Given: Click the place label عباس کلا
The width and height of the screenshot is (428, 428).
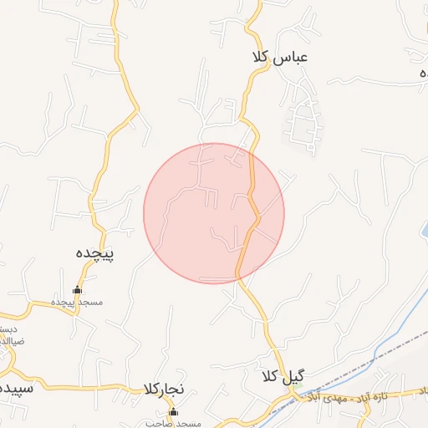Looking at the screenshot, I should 279,57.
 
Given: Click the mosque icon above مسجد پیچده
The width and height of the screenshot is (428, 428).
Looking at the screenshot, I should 77,290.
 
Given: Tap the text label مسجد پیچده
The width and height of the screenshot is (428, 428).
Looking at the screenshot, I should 76,302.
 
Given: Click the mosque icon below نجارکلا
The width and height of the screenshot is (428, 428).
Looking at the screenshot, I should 173,412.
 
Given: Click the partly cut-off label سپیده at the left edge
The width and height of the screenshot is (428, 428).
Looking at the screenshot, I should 15,390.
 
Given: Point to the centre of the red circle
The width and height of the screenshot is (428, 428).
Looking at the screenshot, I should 214,213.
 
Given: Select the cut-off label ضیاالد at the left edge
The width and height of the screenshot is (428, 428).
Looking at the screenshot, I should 10,341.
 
